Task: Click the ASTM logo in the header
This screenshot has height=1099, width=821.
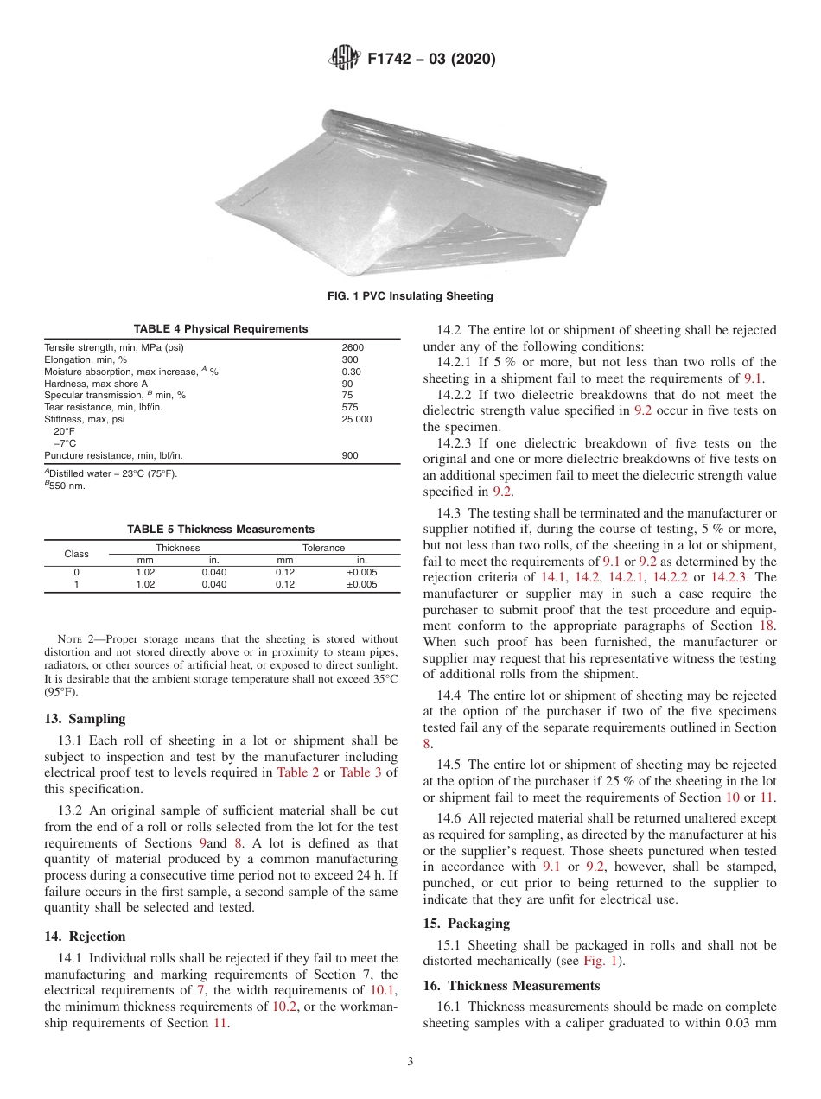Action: pyautogui.click(x=347, y=60)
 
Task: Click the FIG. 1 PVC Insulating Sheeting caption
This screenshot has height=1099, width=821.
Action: pyautogui.click(x=410, y=296)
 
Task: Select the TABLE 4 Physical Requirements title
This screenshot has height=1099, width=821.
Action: pyautogui.click(x=220, y=329)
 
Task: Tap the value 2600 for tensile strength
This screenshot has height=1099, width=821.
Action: pyautogui.click(x=353, y=347)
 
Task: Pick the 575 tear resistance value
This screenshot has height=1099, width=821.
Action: pyautogui.click(x=350, y=407)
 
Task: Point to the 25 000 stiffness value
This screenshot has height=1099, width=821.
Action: pyautogui.click(x=357, y=419)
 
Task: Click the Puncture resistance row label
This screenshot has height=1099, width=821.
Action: pyautogui.click(x=113, y=455)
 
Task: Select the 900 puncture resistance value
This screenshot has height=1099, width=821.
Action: pyautogui.click(x=350, y=455)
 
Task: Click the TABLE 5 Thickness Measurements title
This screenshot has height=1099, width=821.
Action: pyautogui.click(x=220, y=530)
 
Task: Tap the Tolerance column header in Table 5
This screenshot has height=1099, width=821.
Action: pyautogui.click(x=323, y=548)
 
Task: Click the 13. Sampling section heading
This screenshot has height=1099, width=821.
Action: pyautogui.click(x=84, y=719)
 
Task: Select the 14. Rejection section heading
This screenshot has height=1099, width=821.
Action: pyautogui.click(x=85, y=937)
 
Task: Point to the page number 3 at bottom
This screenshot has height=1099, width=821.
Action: pyautogui.click(x=410, y=1062)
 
